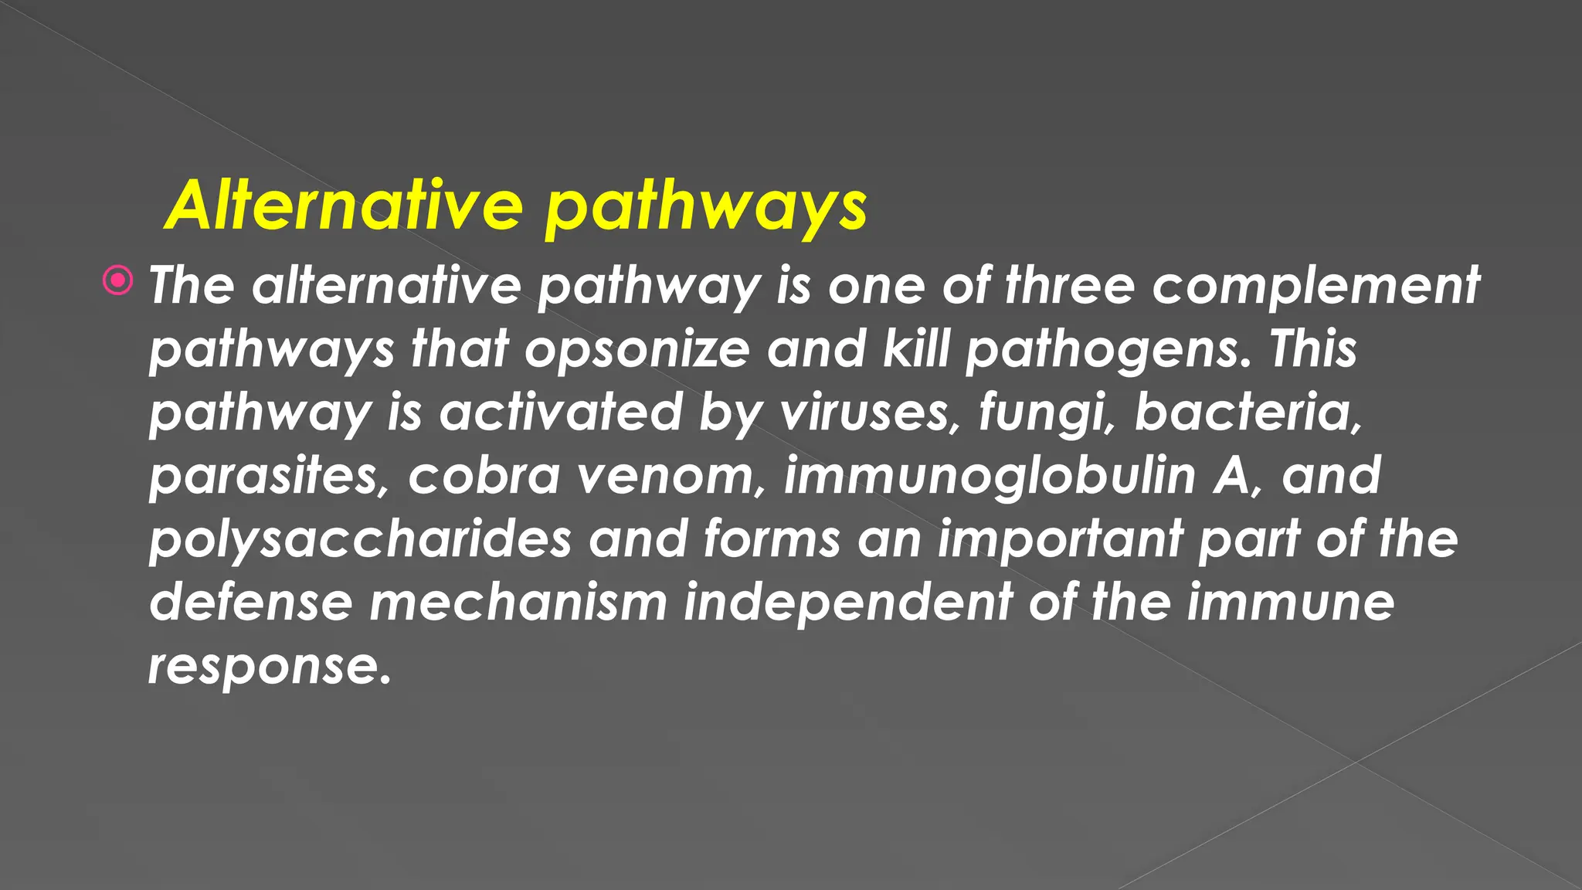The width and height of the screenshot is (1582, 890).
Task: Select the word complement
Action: tap(1316, 286)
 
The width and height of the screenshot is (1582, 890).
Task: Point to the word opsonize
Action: tap(637, 349)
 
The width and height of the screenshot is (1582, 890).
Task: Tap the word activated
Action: tap(561, 412)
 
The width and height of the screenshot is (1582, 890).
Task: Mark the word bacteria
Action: tap(1248, 412)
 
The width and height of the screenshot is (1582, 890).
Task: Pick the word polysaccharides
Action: tap(360, 539)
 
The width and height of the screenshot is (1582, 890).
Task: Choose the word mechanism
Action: tap(518, 602)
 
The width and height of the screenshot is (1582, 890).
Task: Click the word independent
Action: tap(847, 602)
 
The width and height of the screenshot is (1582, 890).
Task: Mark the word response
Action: tap(270, 666)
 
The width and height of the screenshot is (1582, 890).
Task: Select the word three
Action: tap(1069, 286)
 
